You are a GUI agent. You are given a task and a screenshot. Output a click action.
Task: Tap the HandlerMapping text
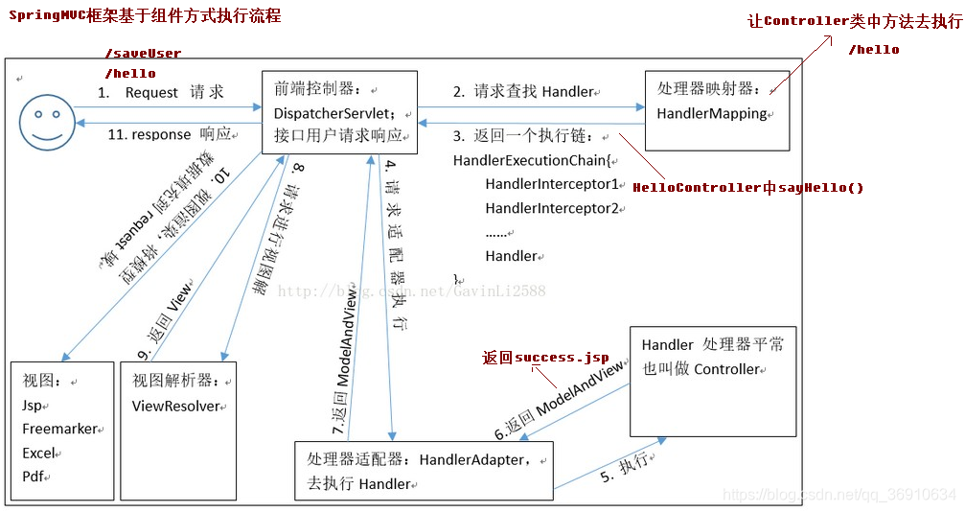(x=712, y=113)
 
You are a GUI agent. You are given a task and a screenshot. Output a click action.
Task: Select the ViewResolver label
(x=176, y=406)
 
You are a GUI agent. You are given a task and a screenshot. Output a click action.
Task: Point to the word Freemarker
(x=59, y=429)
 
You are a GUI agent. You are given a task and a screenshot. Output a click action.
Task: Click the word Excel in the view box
(x=40, y=453)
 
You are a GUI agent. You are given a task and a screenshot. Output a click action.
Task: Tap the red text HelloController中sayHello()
(x=748, y=188)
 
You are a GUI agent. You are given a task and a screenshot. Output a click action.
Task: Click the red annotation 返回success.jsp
(x=545, y=358)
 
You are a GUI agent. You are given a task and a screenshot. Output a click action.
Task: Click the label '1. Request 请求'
(x=161, y=92)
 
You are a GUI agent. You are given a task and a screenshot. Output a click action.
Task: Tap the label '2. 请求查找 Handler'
(x=523, y=92)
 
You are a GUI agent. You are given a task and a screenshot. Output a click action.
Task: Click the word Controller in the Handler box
(x=726, y=369)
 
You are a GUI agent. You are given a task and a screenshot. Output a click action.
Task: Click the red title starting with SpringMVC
(x=145, y=17)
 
